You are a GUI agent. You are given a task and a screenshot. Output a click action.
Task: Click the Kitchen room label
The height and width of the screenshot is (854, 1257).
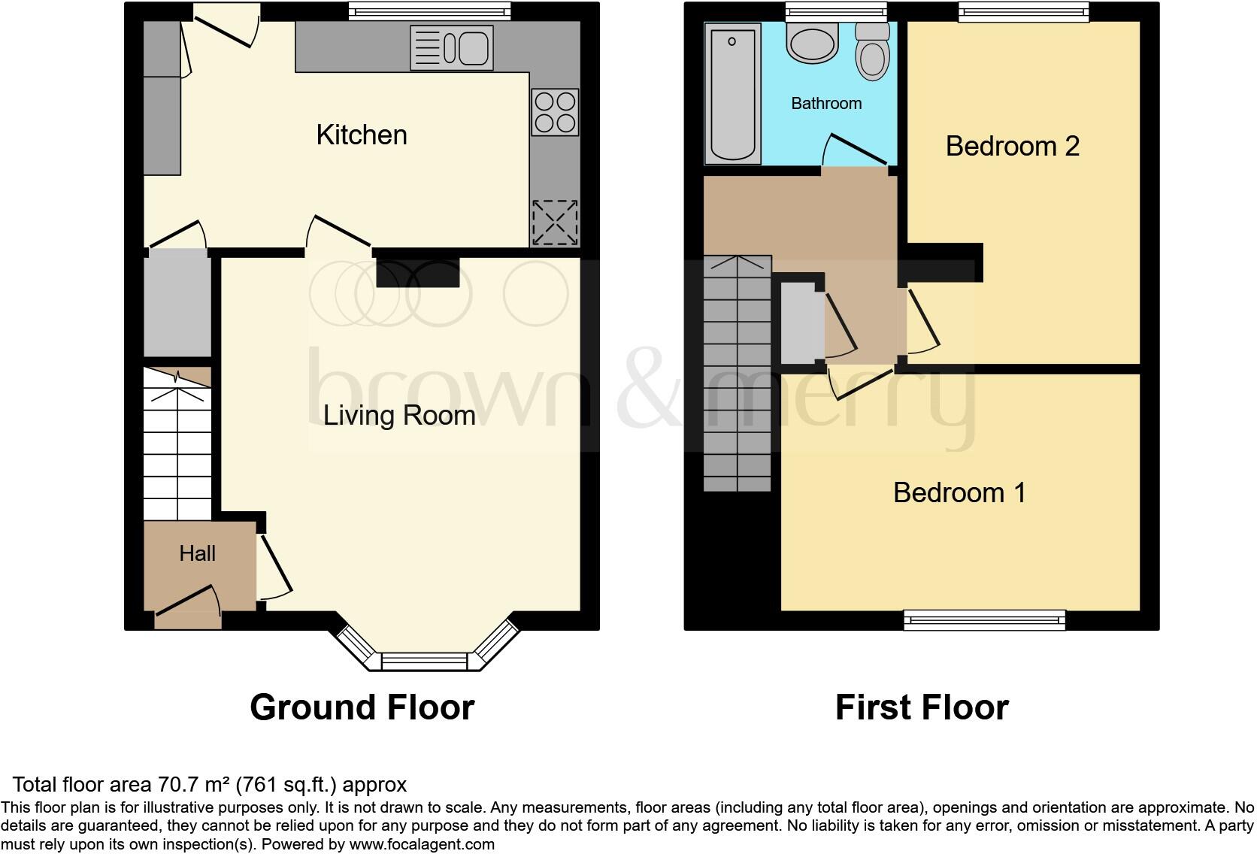362,135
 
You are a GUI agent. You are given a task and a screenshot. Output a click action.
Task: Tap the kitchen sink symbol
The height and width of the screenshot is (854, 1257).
452,48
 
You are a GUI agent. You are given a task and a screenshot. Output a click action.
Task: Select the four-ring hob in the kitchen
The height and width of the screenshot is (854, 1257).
555,112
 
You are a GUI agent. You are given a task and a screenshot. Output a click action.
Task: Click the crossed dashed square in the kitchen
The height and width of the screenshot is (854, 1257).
555,223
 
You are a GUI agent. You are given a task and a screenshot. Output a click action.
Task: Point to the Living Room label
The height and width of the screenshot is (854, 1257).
399,416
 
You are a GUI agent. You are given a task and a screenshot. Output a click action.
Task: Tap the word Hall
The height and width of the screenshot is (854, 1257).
198,554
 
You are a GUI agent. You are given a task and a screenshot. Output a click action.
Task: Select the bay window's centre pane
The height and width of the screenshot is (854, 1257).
424,662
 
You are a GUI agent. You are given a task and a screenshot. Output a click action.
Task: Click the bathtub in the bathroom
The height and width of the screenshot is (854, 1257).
732,93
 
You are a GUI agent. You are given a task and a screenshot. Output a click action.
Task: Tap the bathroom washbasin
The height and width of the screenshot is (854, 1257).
812,42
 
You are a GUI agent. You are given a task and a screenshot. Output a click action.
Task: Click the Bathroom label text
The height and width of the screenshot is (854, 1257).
826,104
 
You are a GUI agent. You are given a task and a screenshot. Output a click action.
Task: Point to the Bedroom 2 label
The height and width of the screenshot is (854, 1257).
1012,146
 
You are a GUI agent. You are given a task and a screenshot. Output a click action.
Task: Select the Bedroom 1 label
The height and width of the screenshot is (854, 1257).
959,493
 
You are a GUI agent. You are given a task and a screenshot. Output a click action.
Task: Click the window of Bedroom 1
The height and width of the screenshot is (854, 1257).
984,620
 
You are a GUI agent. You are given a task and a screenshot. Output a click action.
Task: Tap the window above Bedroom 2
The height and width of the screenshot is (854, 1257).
1023,11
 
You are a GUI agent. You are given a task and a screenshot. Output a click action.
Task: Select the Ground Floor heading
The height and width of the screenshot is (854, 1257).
362,707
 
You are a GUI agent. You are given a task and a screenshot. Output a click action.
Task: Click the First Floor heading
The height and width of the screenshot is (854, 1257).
922,707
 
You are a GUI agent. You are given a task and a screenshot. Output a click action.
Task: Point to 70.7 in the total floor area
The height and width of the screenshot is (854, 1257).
177,785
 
